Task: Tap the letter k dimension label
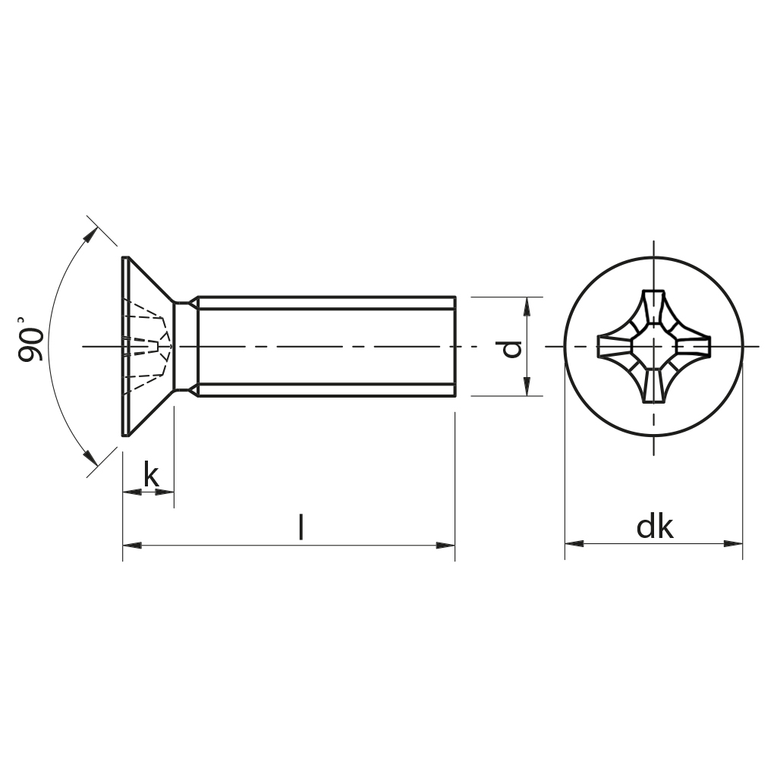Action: (152, 476)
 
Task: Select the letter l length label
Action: (301, 527)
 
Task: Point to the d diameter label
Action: (512, 348)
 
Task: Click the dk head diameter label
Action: (655, 527)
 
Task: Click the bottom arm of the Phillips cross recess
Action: (653, 387)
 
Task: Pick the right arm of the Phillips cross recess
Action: (694, 347)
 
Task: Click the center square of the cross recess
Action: (653, 347)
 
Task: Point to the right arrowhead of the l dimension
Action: (447, 544)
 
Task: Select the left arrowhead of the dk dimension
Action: (573, 543)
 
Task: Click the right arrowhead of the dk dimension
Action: (734, 543)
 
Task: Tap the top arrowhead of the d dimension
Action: (526, 305)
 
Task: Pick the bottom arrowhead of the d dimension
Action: (526, 388)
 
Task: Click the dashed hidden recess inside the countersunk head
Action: (148, 346)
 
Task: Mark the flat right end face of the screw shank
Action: (455, 347)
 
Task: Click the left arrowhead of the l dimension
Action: (131, 544)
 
